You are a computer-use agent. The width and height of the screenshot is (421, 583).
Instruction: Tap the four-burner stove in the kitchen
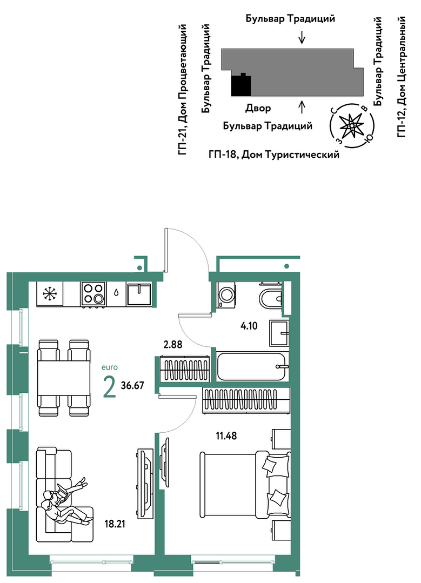pyautogui.click(x=93, y=294)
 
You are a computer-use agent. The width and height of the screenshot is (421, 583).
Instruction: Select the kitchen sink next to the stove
pyautogui.click(x=139, y=294)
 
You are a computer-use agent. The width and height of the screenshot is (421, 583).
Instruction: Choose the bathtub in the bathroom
pyautogui.click(x=251, y=367)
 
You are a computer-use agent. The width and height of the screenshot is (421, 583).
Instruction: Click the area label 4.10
pyautogui.click(x=249, y=326)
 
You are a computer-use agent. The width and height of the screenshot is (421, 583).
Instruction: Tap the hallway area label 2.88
pyautogui.click(x=173, y=344)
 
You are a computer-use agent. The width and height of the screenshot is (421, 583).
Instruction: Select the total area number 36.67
pyautogui.click(x=132, y=385)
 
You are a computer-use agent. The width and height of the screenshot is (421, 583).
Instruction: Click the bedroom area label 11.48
pyautogui.click(x=226, y=435)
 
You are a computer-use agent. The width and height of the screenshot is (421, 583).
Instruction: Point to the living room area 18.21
pyautogui.click(x=115, y=524)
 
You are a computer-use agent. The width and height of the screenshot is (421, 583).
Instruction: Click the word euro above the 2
pyautogui.click(x=110, y=367)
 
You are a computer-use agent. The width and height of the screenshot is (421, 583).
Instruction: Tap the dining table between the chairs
pyautogui.click(x=64, y=378)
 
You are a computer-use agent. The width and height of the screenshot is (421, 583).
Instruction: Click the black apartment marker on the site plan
pyautogui.click(x=241, y=85)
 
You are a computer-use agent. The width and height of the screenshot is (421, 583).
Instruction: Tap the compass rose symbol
pyautogui.click(x=351, y=125)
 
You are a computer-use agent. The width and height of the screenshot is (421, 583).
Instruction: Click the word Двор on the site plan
pyautogui.click(x=258, y=108)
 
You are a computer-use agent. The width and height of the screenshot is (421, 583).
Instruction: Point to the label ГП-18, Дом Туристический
pyautogui.click(x=274, y=154)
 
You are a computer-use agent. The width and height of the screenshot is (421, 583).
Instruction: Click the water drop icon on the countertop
pyautogui.click(x=116, y=293)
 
